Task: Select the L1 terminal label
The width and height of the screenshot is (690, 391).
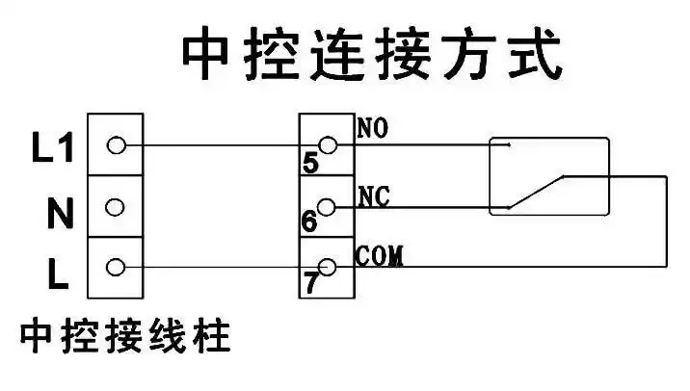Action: point(52,146)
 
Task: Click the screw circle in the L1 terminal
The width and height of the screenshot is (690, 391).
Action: point(117,145)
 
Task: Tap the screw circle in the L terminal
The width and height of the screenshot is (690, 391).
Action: point(117,267)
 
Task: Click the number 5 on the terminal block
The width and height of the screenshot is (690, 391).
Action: point(309,164)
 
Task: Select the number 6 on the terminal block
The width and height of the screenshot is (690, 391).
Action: point(309,222)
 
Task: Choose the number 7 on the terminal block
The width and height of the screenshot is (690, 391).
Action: point(310,282)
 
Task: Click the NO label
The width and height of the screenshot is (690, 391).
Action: point(373,127)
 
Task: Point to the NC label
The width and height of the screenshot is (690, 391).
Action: point(372,195)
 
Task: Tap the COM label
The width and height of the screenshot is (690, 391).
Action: point(379,256)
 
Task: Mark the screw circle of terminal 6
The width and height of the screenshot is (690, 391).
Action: point(328,206)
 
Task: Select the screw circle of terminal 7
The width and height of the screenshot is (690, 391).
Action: point(328,267)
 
